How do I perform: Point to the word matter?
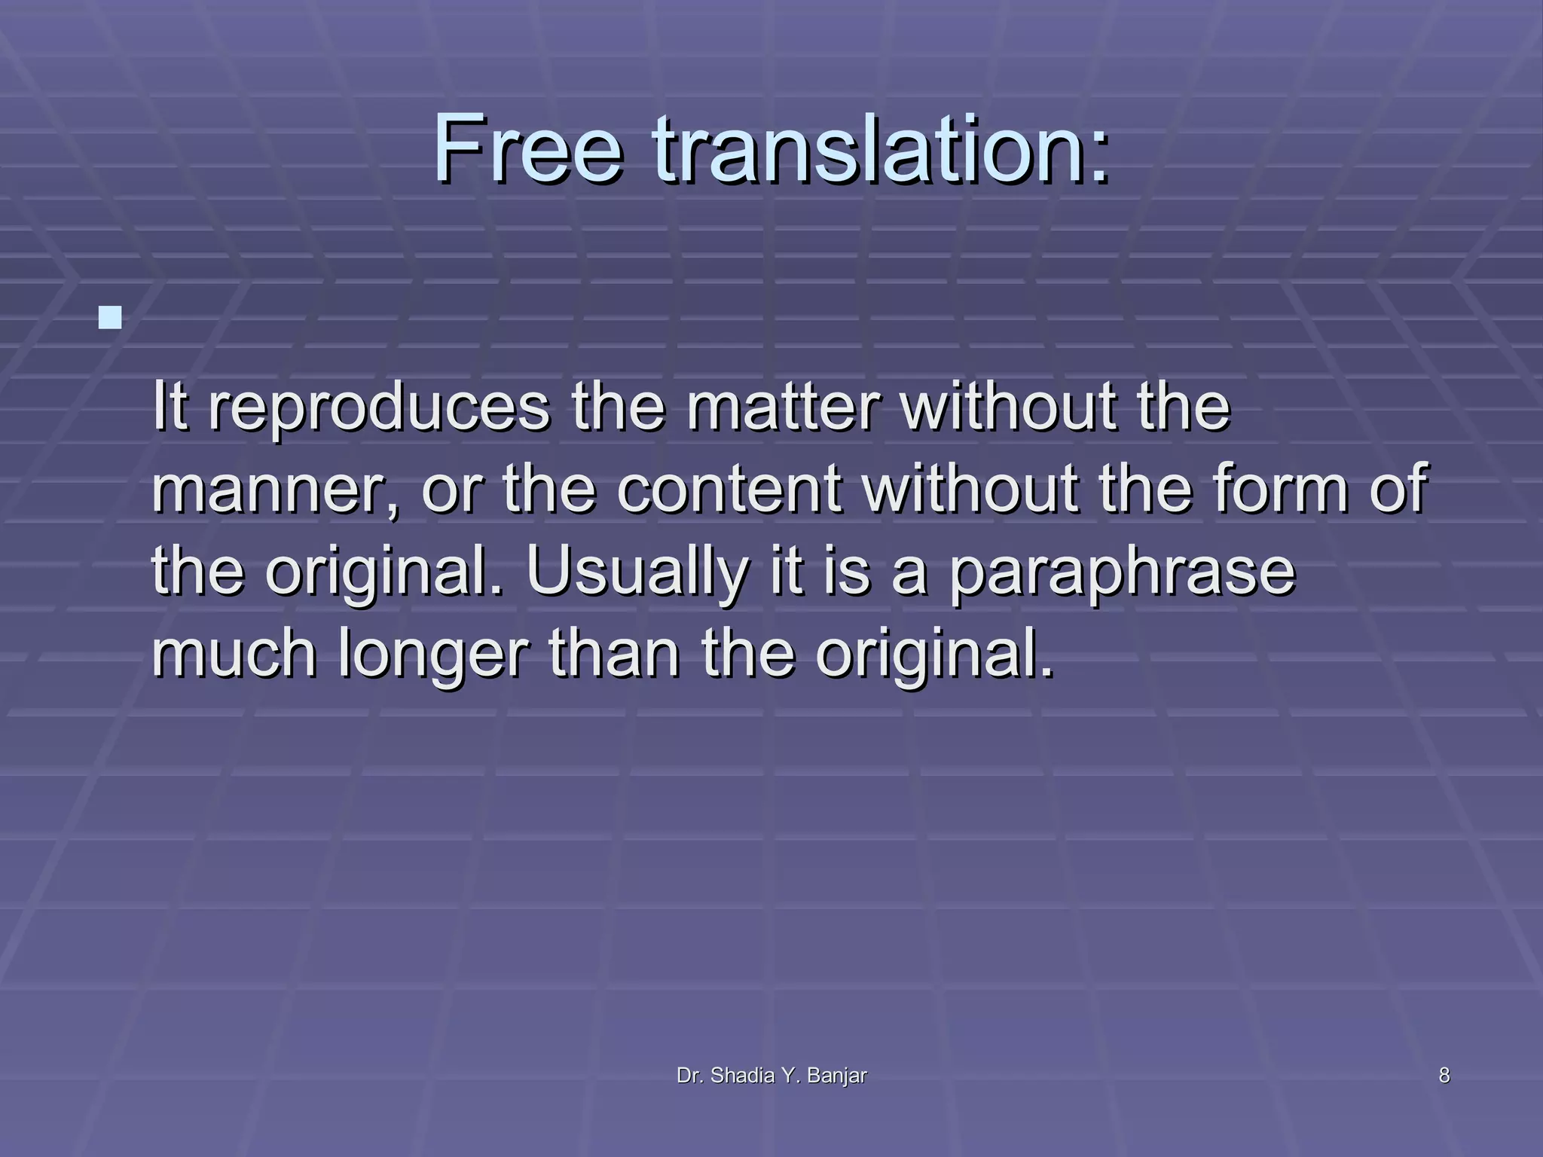pyautogui.click(x=783, y=408)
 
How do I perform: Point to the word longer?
pyautogui.click(x=432, y=655)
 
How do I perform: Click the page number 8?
pyautogui.click(x=1444, y=1076)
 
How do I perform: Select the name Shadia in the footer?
pyautogui.click(x=743, y=1076)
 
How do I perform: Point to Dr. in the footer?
pyautogui.click(x=690, y=1076)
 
